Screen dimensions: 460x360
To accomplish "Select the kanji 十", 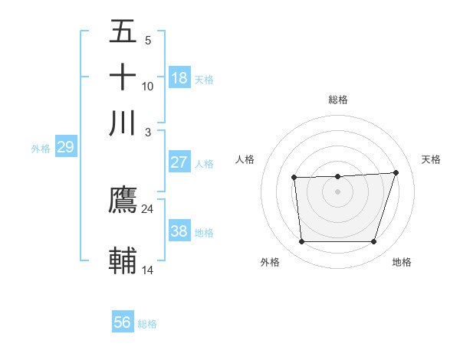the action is tap(123, 77).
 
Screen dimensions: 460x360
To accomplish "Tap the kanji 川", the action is tap(123, 123).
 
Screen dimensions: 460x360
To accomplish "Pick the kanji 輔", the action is tap(123, 260).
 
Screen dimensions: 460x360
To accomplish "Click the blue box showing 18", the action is tap(179, 78).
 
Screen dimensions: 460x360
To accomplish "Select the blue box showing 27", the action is tap(179, 162).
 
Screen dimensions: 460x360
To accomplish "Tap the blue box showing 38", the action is tap(179, 231).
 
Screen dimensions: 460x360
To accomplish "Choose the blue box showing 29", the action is tap(65, 147).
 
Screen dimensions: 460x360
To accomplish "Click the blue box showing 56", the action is tap(123, 322).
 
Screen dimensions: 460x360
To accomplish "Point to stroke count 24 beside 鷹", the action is tap(147, 208).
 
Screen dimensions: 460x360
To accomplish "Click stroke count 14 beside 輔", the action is tap(147, 270).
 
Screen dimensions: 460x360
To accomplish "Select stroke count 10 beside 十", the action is tap(147, 86).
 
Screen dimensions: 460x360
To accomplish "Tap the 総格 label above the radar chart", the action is tap(337, 100).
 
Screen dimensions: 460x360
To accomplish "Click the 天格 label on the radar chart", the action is tap(431, 159).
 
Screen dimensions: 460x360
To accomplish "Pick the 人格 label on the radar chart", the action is tap(245, 159).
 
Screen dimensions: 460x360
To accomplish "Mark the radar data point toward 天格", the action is tap(396, 172).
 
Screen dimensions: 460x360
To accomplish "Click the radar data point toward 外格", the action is tap(301, 242).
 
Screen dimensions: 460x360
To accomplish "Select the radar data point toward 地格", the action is tap(373, 242).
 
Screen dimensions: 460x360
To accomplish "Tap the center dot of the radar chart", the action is tap(337, 191).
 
